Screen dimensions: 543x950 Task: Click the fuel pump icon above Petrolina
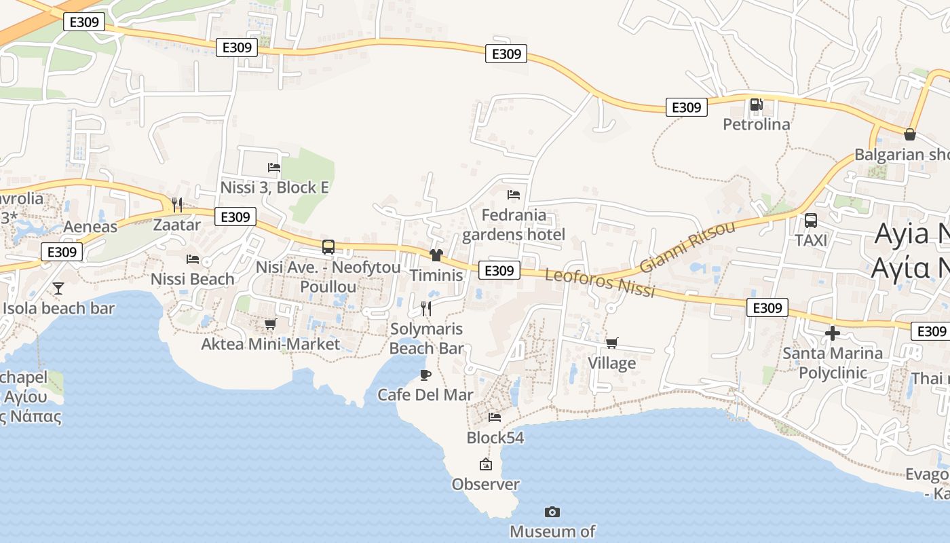756,105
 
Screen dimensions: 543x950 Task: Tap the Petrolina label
757,124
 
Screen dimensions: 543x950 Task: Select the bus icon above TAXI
810,221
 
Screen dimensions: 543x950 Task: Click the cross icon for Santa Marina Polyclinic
833,333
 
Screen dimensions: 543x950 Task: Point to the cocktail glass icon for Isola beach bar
58,288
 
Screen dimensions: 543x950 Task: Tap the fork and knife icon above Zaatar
177,204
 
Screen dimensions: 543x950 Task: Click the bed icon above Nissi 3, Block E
274,167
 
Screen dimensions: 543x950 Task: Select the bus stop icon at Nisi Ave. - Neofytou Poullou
328,247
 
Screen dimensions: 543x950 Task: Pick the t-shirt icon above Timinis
436,255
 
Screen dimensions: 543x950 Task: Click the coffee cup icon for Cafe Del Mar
425,375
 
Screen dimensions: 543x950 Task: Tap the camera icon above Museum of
552,512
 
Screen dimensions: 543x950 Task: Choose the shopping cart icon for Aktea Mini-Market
270,324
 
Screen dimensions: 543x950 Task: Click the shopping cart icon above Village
611,343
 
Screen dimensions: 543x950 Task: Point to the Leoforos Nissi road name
601,283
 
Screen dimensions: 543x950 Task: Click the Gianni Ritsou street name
687,246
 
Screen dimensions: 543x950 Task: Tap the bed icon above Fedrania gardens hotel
514,195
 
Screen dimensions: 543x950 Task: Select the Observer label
486,485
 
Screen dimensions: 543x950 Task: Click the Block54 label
495,438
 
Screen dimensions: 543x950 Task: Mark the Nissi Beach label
193,279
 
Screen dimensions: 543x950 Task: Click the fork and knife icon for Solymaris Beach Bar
426,309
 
